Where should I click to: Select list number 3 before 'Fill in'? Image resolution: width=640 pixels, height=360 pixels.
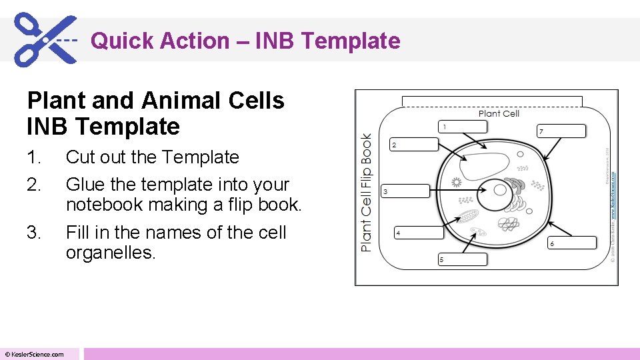pos(34,233)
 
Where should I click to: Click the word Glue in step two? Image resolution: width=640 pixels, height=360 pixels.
pos(84,184)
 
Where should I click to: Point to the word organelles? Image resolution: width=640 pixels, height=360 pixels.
pos(110,253)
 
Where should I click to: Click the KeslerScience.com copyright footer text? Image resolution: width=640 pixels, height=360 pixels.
pos(35,354)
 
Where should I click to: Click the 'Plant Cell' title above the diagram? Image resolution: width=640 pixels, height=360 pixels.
pos(499,113)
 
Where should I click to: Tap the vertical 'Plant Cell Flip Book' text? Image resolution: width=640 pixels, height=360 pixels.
pos(366,192)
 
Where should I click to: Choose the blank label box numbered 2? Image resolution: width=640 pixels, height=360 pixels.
pos(414,145)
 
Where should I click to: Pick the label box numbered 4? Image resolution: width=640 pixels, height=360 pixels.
pos(419,233)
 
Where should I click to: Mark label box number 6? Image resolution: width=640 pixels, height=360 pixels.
pos(571,243)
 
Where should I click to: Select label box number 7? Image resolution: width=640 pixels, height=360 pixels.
pos(561,131)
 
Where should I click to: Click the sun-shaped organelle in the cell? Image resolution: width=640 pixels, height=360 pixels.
pos(457,181)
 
